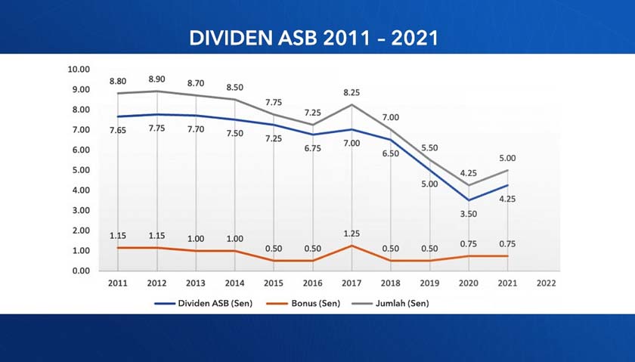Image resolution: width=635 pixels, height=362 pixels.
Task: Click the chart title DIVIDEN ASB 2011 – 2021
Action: click(313, 38)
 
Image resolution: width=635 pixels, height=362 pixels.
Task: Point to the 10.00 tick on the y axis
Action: click(79, 69)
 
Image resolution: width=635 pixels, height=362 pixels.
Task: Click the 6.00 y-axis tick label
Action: click(79, 150)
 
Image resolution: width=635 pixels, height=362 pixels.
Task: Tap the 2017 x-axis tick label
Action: click(352, 283)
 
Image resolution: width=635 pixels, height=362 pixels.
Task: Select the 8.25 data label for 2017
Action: click(352, 92)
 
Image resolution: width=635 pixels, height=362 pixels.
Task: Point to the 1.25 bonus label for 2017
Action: click(352, 234)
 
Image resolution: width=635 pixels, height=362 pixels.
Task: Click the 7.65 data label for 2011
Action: click(117, 130)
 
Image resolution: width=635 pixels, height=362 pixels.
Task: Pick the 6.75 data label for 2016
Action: click(312, 148)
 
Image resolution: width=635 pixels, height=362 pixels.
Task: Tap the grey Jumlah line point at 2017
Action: click(352, 104)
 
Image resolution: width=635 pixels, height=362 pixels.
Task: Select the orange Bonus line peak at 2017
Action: click(352, 246)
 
